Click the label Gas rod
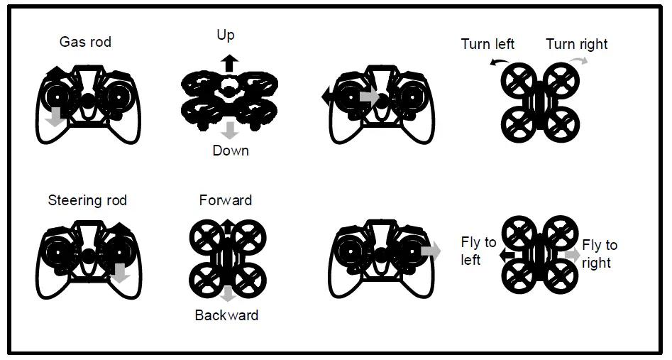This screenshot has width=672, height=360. tap(85, 42)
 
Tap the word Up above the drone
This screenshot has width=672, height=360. tap(226, 35)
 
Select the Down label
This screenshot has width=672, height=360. tap(231, 151)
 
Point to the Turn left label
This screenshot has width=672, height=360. tap(488, 44)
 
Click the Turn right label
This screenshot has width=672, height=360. tap(577, 44)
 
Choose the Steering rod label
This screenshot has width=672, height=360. tap(87, 200)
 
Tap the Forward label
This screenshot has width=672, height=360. tap(226, 200)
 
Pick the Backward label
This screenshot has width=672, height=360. tap(226, 315)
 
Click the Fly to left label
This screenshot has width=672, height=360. tap(478, 251)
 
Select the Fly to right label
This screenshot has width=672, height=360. tap(600, 253)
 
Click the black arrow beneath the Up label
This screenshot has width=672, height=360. tap(228, 62)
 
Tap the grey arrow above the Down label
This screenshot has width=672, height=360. tap(228, 130)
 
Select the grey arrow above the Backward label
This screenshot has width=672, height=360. tap(228, 295)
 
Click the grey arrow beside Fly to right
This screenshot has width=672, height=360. tap(572, 254)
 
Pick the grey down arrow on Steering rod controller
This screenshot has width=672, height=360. tap(121, 272)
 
